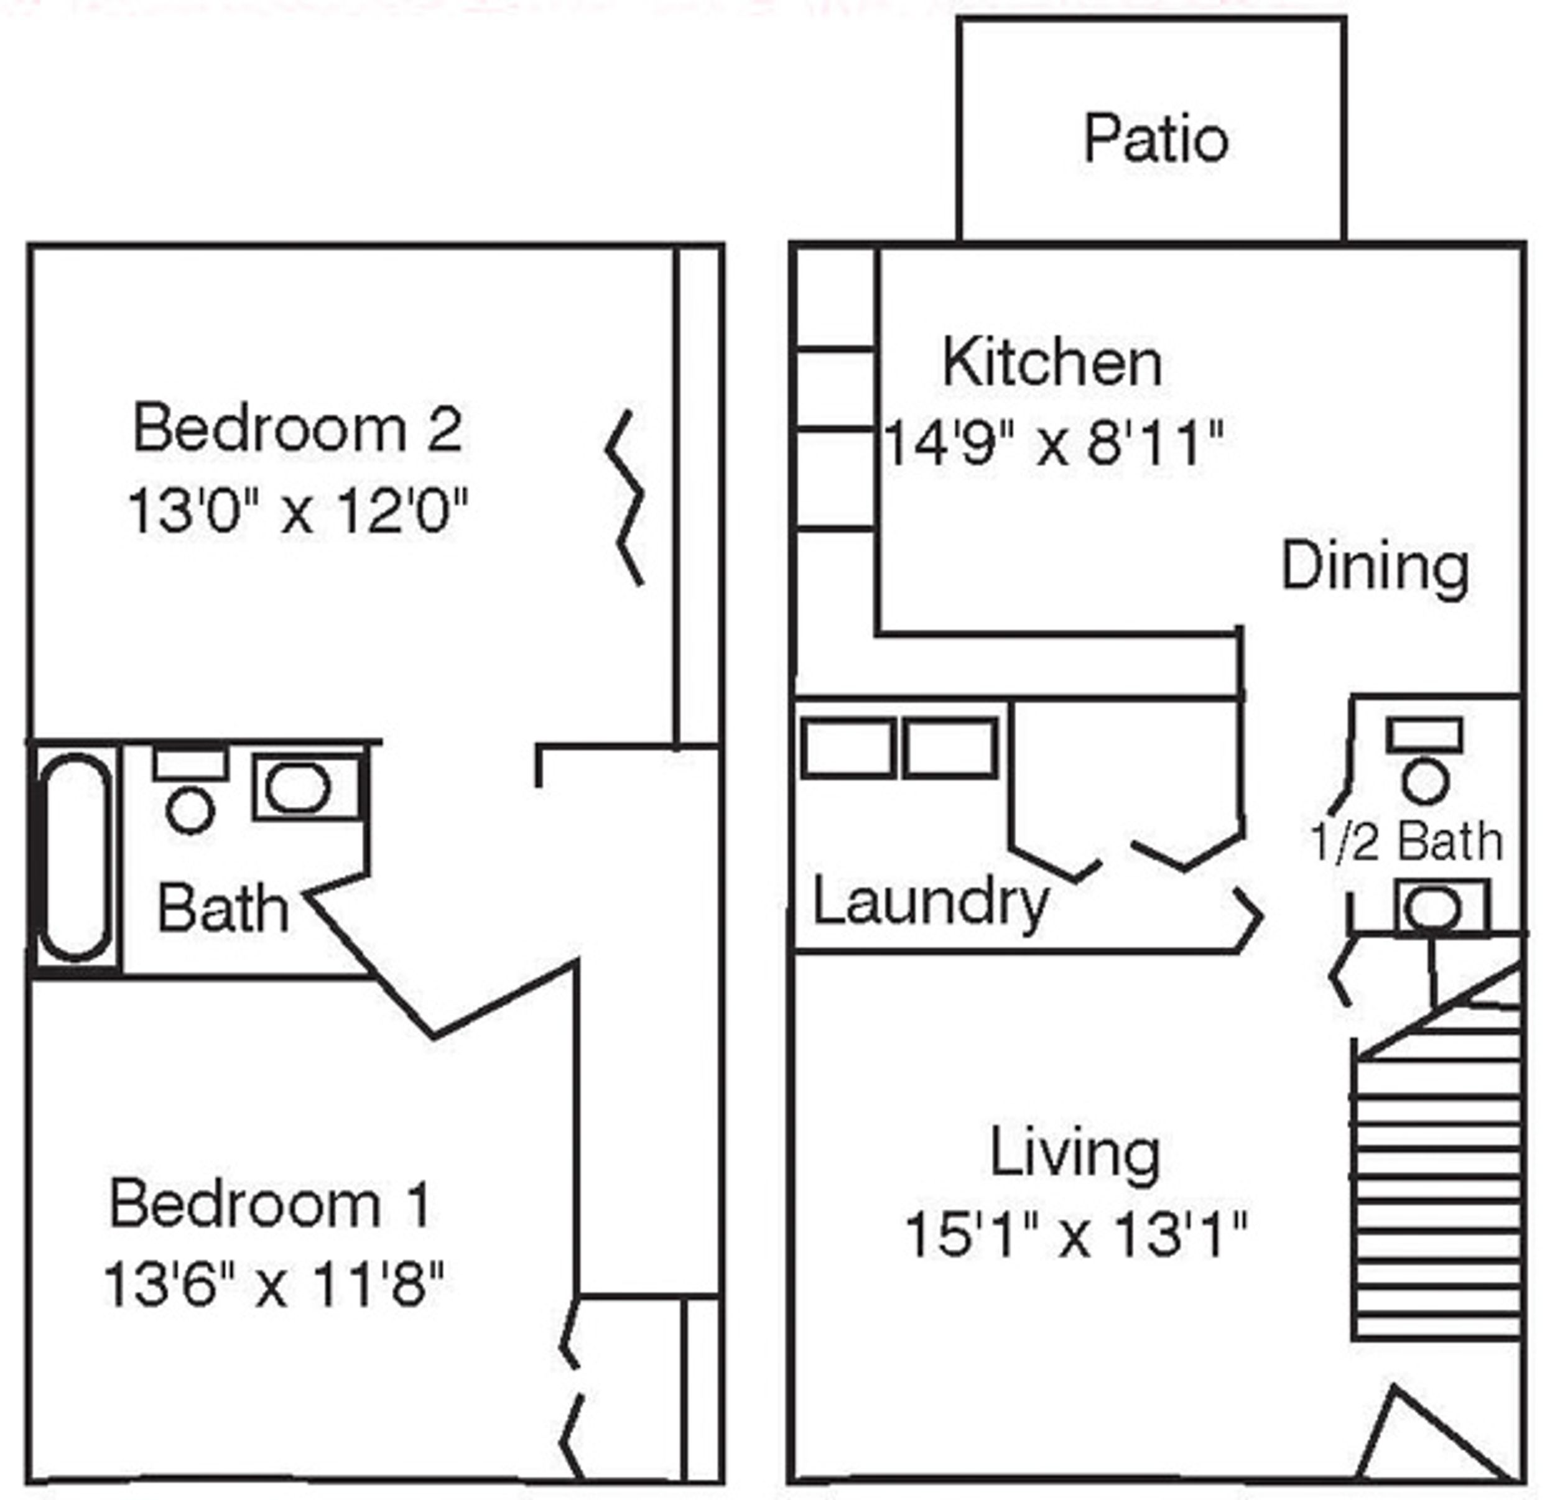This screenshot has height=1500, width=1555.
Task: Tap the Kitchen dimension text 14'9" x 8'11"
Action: (1053, 443)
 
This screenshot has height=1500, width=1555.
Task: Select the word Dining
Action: (1375, 567)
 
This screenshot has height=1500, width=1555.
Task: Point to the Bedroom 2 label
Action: (297, 429)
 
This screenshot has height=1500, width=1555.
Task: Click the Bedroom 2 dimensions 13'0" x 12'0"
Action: (297, 510)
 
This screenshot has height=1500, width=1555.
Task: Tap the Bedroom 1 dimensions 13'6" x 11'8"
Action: (273, 1284)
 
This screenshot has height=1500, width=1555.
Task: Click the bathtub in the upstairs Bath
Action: (75, 858)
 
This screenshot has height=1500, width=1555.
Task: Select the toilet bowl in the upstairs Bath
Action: (190, 811)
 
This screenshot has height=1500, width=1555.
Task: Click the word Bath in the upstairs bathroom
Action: (222, 909)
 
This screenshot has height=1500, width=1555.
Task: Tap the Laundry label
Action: (931, 904)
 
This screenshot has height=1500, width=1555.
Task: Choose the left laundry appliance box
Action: (847, 748)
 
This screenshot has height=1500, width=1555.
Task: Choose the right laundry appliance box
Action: (950, 748)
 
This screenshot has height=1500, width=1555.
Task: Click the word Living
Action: (1075, 1154)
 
